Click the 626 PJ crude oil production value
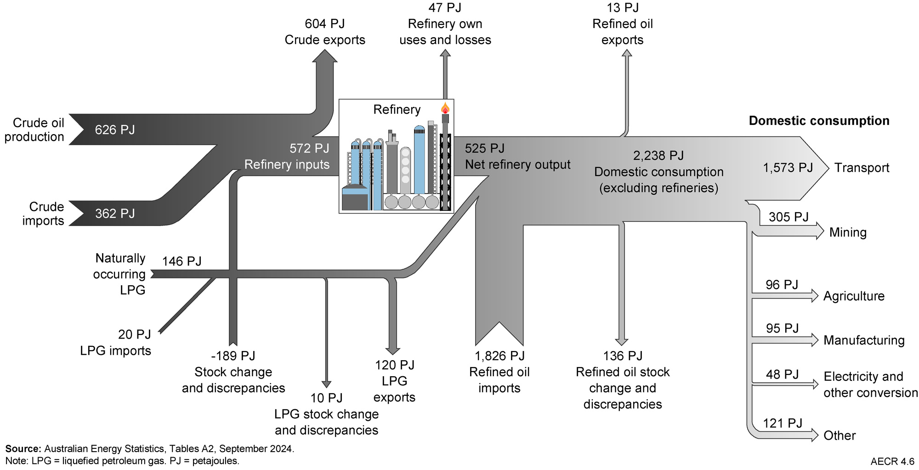[115, 130]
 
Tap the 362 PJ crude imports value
[115, 214]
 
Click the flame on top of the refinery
[445, 108]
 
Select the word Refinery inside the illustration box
[397, 110]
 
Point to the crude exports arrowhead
[325, 56]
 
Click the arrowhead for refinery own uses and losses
[445, 53]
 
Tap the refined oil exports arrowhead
[627, 53]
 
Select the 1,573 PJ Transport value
[788, 168]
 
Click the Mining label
[847, 232]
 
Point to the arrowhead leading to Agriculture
[815, 295]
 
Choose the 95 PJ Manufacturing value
[782, 328]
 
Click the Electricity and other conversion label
[870, 385]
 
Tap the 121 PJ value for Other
[782, 423]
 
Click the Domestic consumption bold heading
[819, 121]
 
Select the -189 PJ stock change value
[233, 356]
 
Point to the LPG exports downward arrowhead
[392, 351]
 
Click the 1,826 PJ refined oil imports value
[499, 356]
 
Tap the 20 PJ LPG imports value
[134, 334]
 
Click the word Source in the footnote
[23, 449]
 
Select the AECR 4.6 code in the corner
[892, 461]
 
